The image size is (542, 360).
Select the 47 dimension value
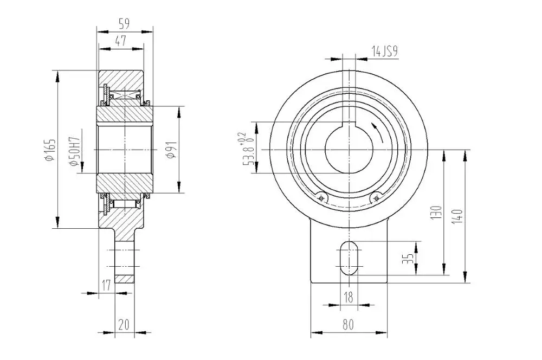point(121,41)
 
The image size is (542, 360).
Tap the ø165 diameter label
point(49,150)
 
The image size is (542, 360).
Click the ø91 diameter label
point(170,150)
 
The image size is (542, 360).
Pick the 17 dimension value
point(107,285)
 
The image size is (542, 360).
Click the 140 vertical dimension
point(459,217)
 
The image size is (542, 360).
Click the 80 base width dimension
point(348,325)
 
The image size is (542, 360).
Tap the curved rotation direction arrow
point(378,131)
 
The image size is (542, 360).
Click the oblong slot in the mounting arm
point(349,257)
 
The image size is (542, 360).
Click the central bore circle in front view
point(349,149)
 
